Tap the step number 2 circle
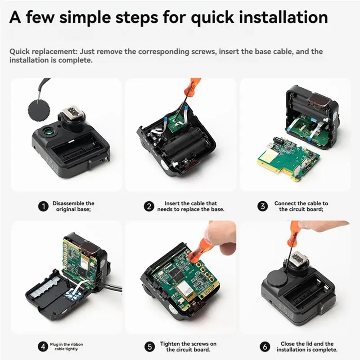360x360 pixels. click(x=148, y=207)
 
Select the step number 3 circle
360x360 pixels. click(x=262, y=207)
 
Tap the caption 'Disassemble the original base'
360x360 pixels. click(x=73, y=207)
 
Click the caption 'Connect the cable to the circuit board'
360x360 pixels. click(x=301, y=207)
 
